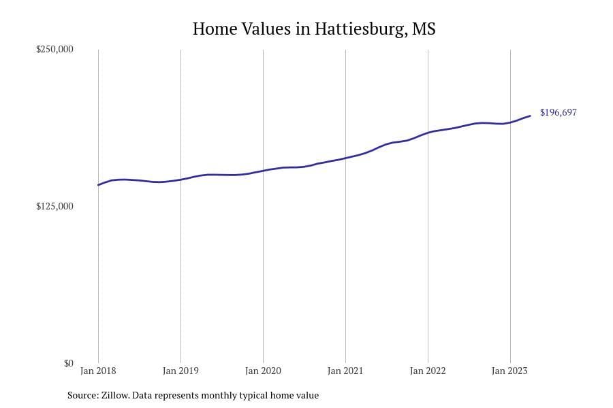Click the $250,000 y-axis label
point(54,50)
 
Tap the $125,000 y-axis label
point(54,206)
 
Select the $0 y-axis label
point(68,363)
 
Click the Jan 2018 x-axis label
point(98,371)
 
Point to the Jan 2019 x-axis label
point(180,371)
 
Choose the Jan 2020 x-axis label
point(263,371)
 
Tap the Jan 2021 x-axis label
point(345,371)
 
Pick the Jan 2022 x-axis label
point(428,371)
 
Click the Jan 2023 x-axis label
point(510,371)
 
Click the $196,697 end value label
point(558,113)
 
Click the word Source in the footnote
point(82,395)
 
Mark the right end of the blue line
point(530,116)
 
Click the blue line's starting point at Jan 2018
point(98,185)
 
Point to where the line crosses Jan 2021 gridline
point(345,158)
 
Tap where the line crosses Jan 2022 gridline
point(428,132)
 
